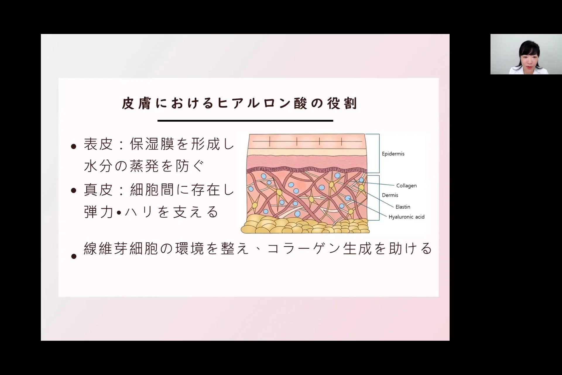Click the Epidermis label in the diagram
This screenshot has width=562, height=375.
[393, 154]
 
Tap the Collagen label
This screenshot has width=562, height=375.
[406, 186]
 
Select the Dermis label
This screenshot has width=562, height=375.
[390, 195]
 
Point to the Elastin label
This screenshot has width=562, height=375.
[403, 207]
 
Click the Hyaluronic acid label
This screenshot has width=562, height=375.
[406, 217]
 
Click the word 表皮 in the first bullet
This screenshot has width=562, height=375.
[98, 144]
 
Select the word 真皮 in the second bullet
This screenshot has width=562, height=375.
[98, 190]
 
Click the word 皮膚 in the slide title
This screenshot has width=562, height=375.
[136, 103]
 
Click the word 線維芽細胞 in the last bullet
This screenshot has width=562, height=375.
[121, 248]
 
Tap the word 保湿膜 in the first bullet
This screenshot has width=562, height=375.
[152, 144]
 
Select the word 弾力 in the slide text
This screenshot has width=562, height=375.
[98, 212]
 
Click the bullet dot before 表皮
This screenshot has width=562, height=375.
[74, 146]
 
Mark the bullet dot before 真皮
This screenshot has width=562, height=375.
[74, 191]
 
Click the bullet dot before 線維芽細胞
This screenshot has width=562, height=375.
[74, 257]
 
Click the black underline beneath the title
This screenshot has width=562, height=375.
[245, 120]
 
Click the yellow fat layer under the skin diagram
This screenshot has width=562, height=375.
[304, 226]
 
